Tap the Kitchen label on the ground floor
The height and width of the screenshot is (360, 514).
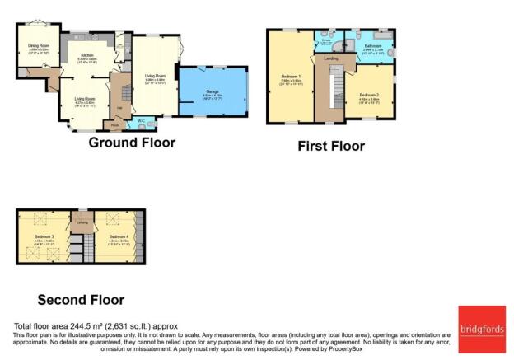(87, 55)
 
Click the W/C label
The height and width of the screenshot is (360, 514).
(142, 121)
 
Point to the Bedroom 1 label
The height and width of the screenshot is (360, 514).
(288, 76)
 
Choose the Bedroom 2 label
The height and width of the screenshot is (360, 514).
(368, 96)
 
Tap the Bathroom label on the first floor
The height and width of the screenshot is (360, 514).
(373, 45)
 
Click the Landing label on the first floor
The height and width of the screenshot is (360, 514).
(331, 58)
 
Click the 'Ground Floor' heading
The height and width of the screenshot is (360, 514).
(132, 143)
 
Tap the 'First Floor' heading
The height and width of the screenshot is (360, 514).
(331, 147)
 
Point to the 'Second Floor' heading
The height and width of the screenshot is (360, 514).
(81, 300)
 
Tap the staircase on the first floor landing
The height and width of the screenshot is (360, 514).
(336, 91)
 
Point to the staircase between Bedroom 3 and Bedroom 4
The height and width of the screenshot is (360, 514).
(77, 245)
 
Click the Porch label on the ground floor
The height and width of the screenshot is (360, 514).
(113, 125)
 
